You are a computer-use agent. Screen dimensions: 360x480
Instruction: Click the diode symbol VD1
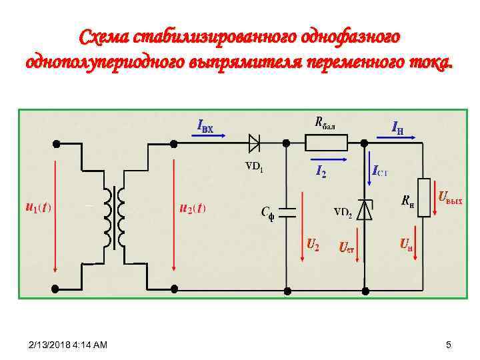pos(254,142)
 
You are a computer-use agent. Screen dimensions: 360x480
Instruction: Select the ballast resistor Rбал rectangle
pos(327,142)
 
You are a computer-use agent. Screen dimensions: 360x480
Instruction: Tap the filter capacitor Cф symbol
pos(287,213)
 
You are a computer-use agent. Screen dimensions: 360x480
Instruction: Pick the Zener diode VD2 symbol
pos(365,210)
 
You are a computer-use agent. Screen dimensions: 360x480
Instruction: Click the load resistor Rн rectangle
pos(422,194)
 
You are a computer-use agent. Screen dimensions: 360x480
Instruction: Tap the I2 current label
pos(321,172)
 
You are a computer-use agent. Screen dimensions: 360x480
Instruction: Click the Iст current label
pos(380,172)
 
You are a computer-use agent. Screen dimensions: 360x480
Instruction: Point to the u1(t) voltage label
pos(37,207)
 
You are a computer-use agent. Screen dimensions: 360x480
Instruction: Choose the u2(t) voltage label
pos(193,207)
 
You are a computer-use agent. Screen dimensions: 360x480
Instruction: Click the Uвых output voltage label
pos(450,197)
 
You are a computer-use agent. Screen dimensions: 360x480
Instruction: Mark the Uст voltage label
pos(346,248)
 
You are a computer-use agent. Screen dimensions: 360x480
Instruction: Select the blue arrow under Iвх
pos(211,135)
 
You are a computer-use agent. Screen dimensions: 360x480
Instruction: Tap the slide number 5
pos(449,345)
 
